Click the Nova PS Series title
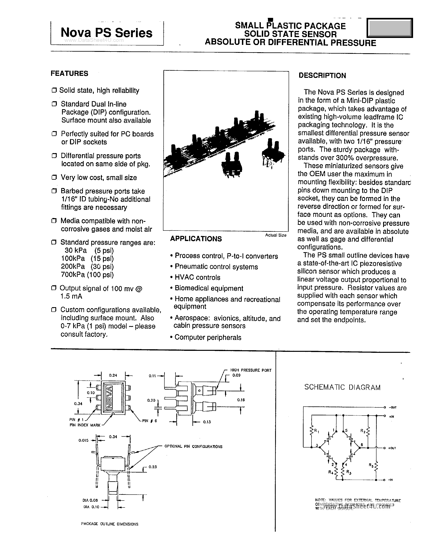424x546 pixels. click(x=106, y=33)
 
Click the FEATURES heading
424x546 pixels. click(x=69, y=73)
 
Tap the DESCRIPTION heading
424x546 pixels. click(x=322, y=75)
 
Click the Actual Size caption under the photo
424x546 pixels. click(x=276, y=235)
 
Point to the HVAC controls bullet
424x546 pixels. click(x=197, y=278)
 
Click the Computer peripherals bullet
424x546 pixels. click(x=208, y=338)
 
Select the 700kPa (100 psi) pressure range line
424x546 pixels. click(x=87, y=275)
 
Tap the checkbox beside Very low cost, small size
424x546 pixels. click(x=54, y=177)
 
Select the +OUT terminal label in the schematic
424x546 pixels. click(x=392, y=448)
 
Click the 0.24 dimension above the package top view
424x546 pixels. click(x=113, y=375)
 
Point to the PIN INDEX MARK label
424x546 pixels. click(x=85, y=425)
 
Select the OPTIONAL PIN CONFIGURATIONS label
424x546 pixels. click(x=193, y=447)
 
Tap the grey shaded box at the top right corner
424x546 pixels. click(x=389, y=28)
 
